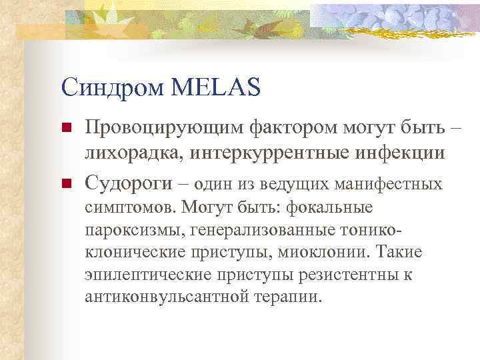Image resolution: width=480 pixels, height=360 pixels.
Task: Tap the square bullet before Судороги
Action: click(65, 183)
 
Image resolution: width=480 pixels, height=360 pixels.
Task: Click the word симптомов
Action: click(129, 207)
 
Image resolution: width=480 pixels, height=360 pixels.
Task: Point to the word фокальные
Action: click(329, 207)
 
